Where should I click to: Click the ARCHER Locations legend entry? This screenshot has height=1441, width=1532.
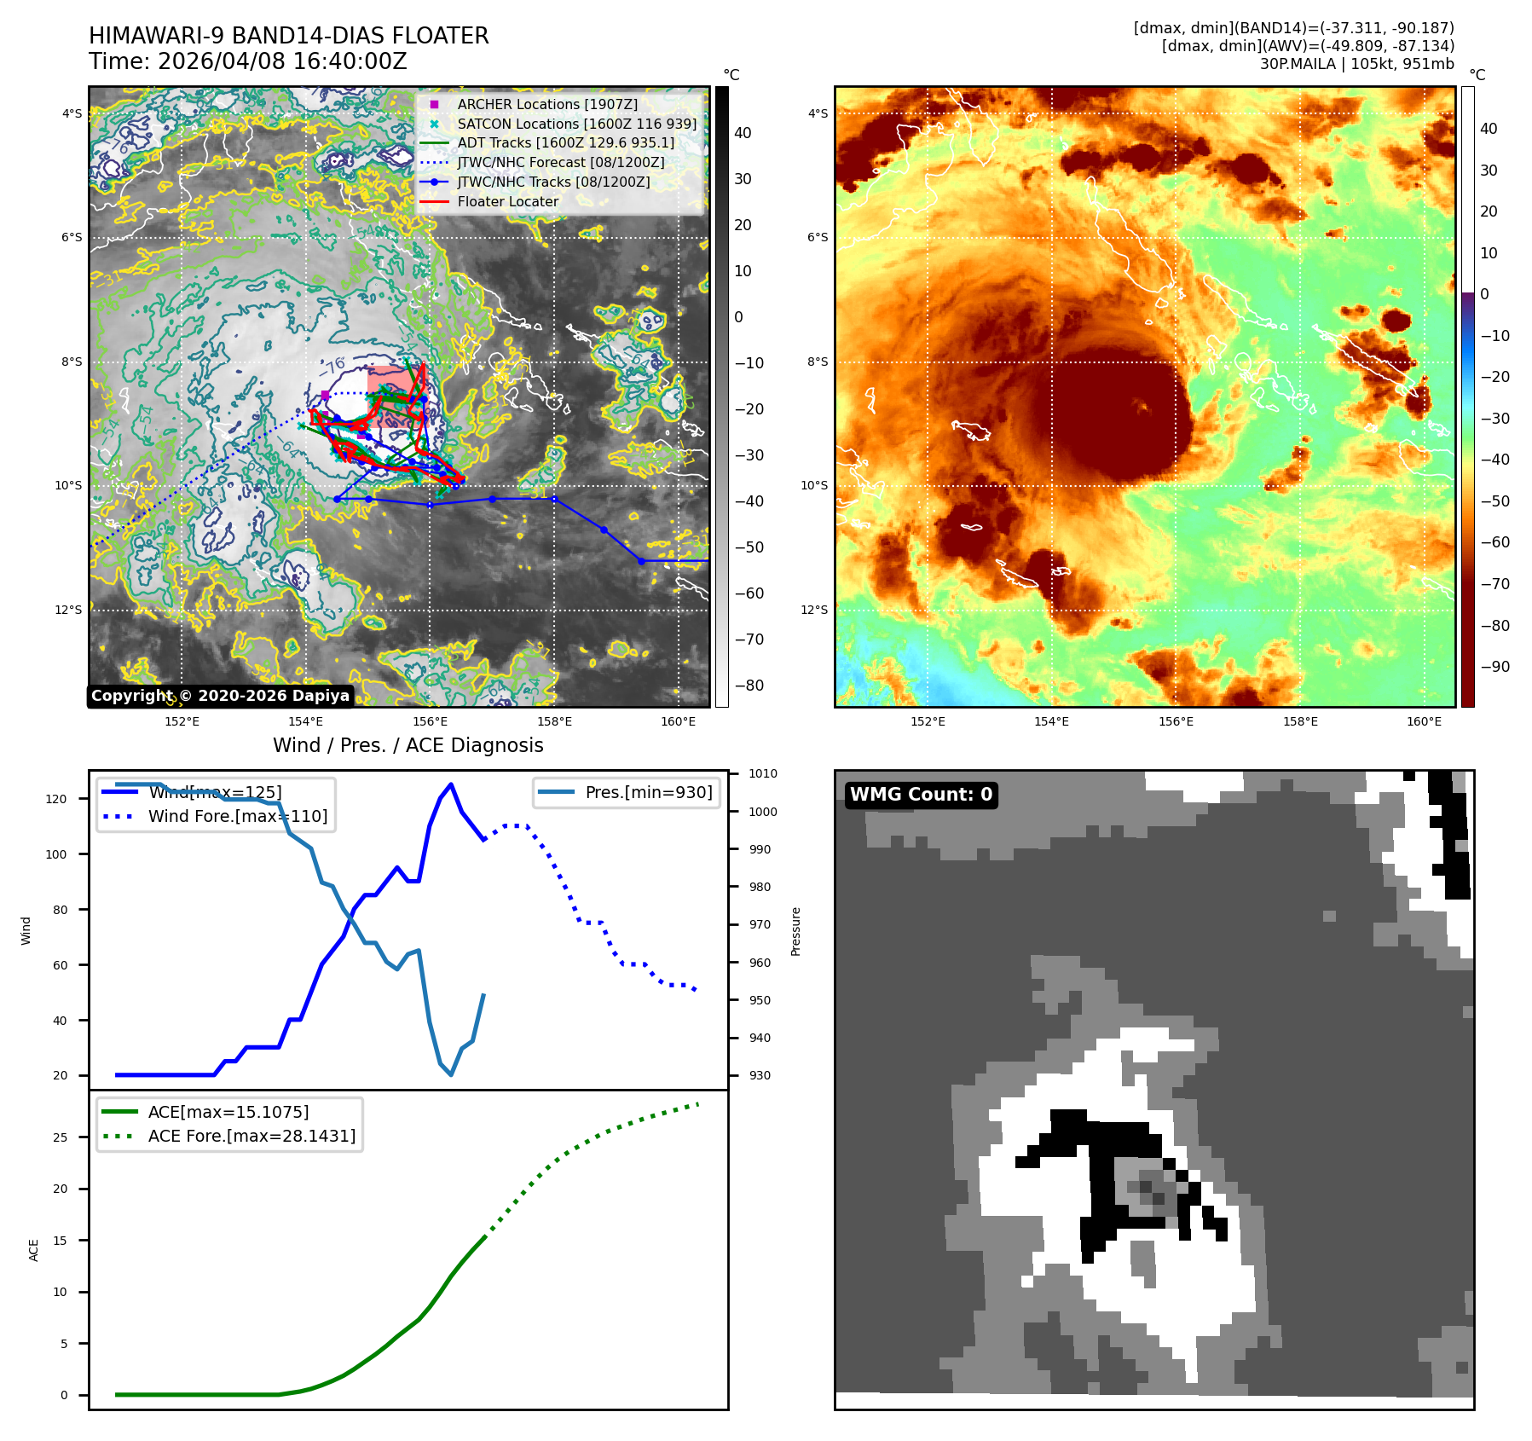click(x=546, y=104)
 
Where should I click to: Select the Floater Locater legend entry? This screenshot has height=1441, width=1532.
click(x=507, y=202)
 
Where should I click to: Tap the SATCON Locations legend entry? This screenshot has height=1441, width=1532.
click(x=576, y=124)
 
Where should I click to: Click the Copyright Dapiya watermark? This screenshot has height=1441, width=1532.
click(x=220, y=696)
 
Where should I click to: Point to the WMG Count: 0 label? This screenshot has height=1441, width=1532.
click(x=921, y=795)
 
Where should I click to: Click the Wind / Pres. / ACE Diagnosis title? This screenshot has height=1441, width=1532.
click(x=408, y=745)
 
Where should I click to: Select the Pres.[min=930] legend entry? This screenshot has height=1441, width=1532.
click(x=648, y=792)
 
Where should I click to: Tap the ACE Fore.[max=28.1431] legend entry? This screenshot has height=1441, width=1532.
click(x=251, y=1136)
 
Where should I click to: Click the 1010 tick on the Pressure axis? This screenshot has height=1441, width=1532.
click(x=762, y=774)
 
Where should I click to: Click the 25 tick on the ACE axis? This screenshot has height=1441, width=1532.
click(x=60, y=1137)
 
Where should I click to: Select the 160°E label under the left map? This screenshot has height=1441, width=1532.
click(x=678, y=721)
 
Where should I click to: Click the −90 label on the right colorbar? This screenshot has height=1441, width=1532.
click(x=1494, y=667)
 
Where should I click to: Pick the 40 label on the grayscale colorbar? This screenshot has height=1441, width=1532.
click(x=743, y=133)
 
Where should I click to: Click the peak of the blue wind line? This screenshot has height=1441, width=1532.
click(x=451, y=784)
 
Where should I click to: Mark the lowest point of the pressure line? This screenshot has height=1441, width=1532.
click(x=451, y=1074)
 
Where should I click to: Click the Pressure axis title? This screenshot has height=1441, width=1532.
click(x=795, y=931)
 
